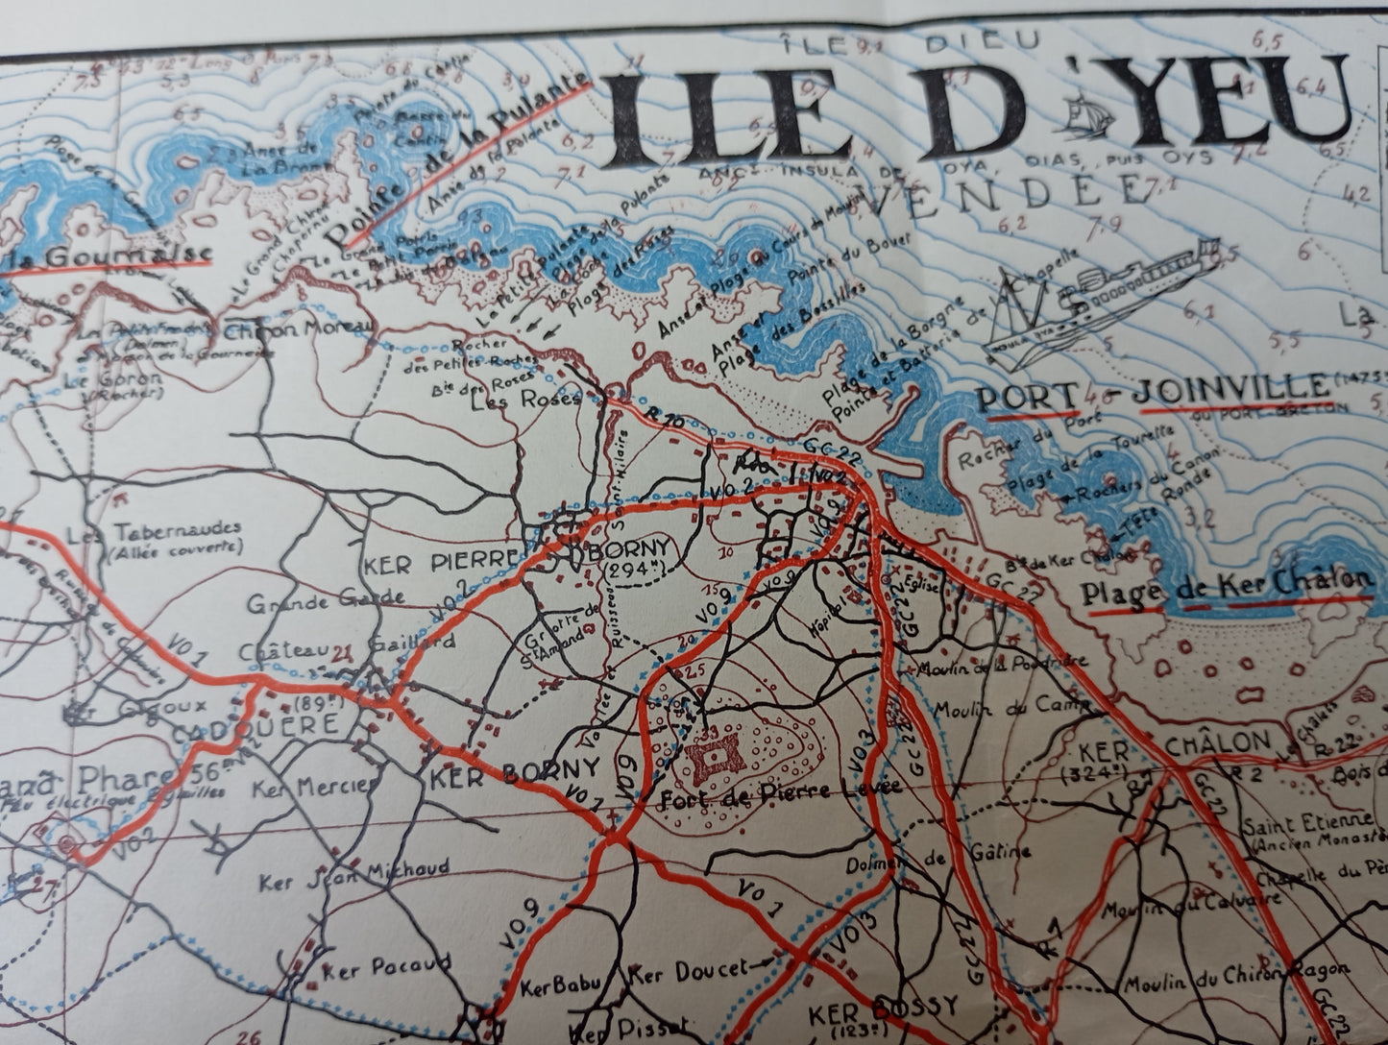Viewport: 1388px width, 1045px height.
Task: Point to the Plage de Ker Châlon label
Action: (1225, 588)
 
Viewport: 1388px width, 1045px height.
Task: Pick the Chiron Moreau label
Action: (298, 328)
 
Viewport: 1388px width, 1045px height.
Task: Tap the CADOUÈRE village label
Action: (256, 724)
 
